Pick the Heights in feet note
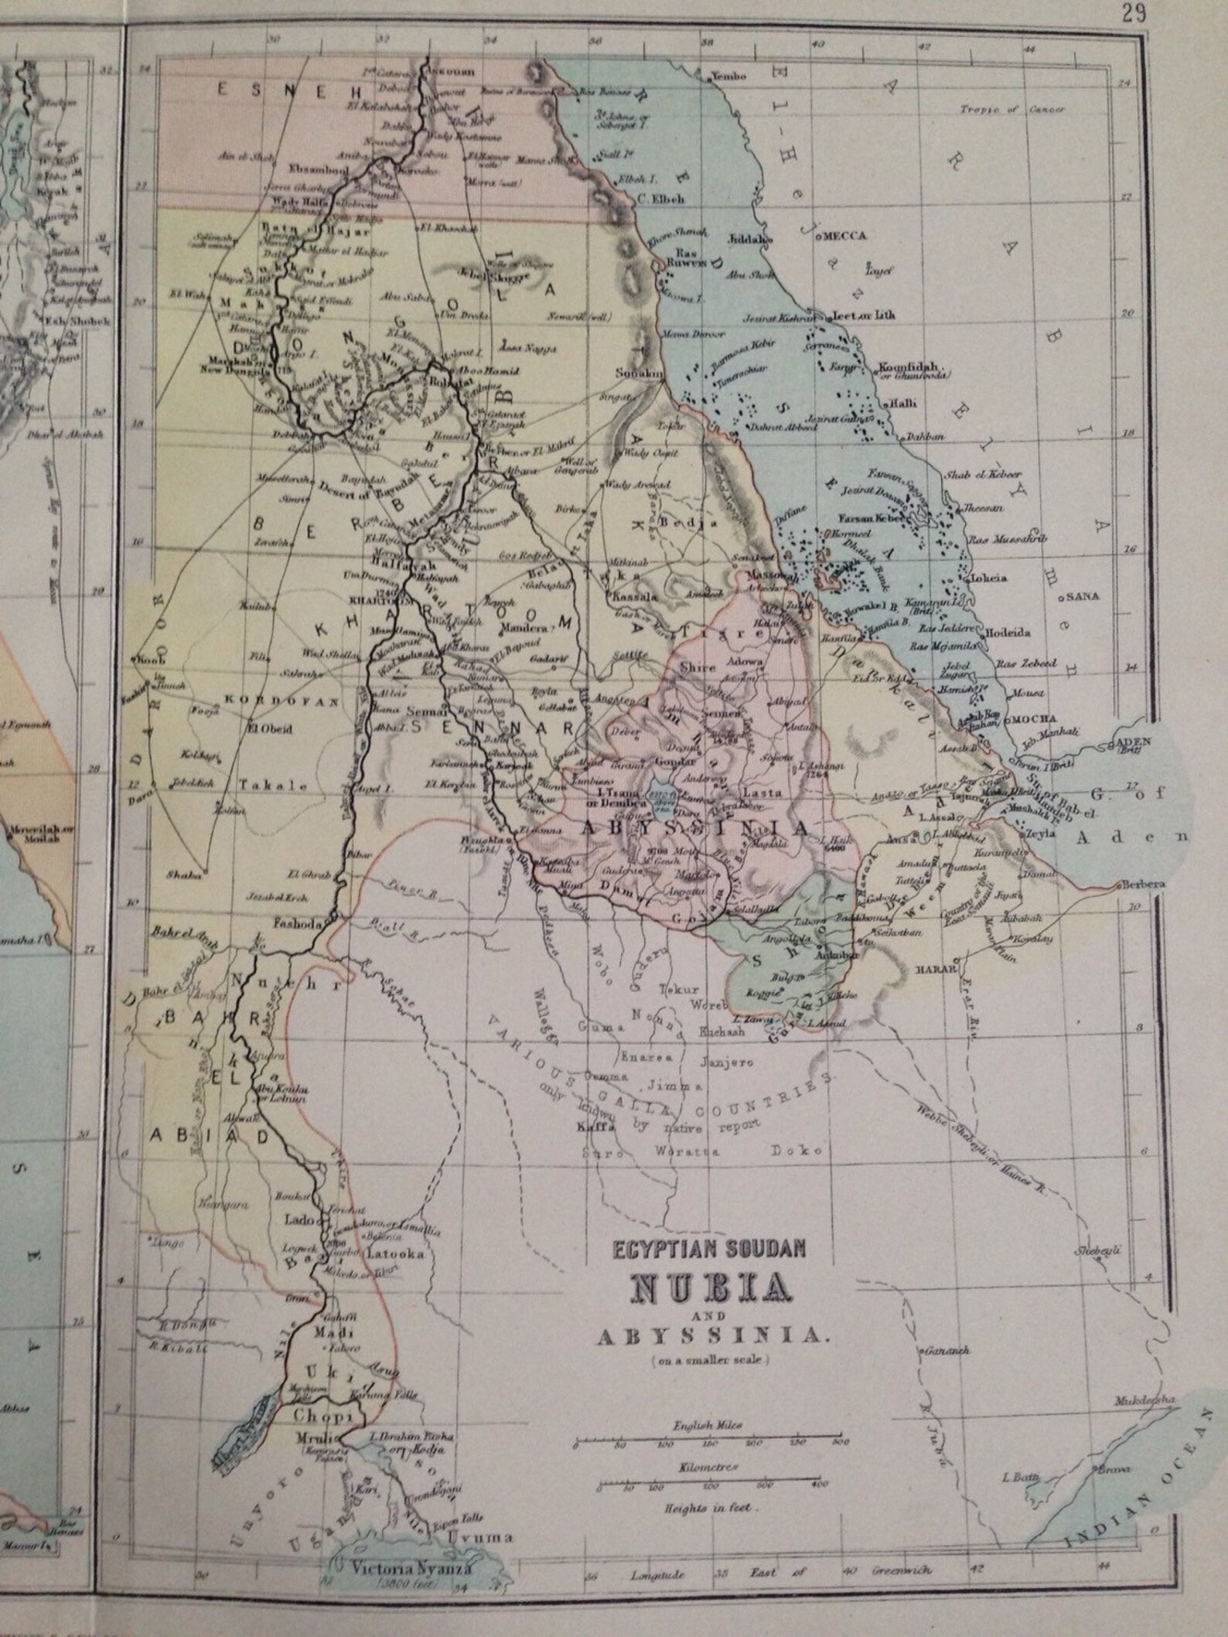click(x=707, y=1509)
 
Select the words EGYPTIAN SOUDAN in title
click(x=710, y=1246)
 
